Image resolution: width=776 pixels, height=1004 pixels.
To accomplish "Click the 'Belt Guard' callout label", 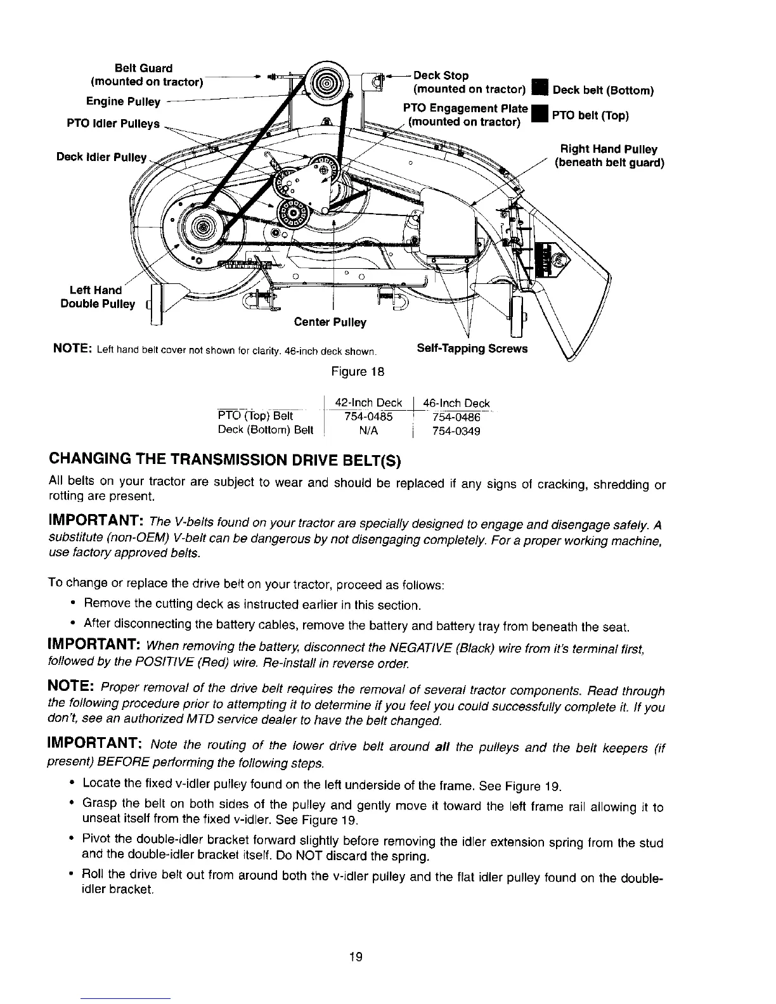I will click(143, 68).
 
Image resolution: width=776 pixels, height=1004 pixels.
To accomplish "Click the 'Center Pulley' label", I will click(330, 323).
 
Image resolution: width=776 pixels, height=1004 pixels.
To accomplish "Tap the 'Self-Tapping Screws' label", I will click(472, 349).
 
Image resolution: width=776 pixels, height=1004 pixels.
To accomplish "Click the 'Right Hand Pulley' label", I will click(608, 150).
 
